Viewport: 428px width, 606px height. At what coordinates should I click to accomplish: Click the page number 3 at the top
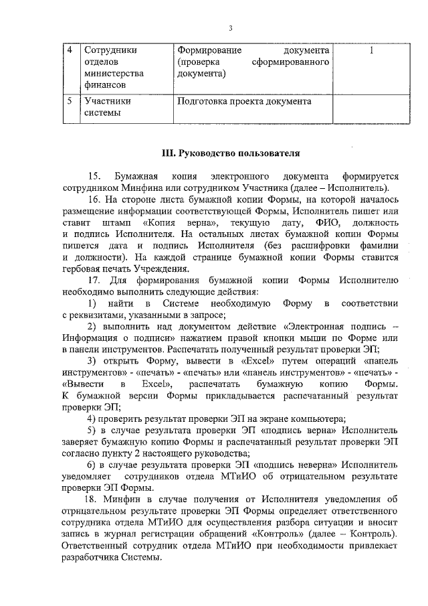229,27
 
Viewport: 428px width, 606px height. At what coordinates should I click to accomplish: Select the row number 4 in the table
70,51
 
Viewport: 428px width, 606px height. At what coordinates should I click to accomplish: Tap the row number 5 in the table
70,102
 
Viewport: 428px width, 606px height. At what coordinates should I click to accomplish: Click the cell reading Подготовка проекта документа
244,102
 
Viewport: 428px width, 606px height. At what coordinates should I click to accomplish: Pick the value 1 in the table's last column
371,51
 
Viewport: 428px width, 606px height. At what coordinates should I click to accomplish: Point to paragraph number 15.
94,176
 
